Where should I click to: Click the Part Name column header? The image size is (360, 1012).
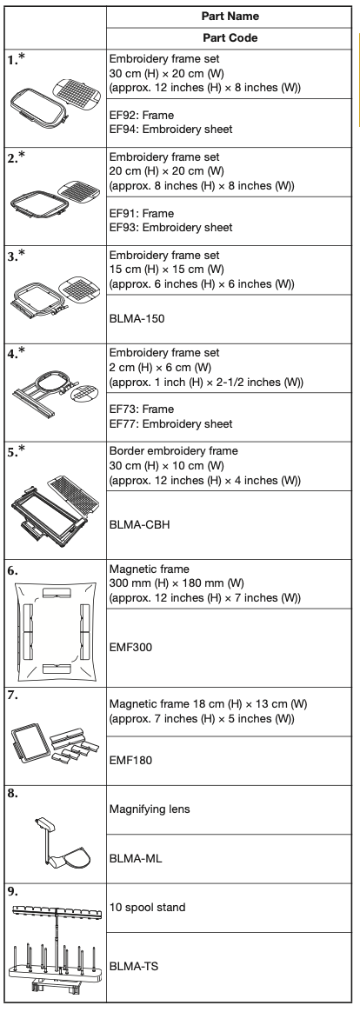(230, 17)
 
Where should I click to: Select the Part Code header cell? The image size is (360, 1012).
(230, 38)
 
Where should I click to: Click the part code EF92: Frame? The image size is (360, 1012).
(141, 115)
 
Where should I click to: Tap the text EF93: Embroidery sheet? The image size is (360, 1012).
(171, 227)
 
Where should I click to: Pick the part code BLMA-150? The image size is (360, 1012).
(137, 318)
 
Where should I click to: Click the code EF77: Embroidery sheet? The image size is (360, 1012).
(171, 423)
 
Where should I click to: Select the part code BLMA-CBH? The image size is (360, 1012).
(139, 525)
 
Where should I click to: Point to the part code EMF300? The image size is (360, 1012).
(130, 648)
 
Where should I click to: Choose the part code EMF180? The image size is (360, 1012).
(130, 760)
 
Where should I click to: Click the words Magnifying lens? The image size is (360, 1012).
(150, 809)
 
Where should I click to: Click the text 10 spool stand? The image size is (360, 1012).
(147, 908)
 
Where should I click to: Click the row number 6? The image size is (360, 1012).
(13, 570)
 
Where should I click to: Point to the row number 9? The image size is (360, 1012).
(13, 891)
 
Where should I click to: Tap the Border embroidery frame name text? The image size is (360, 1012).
(174, 450)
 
